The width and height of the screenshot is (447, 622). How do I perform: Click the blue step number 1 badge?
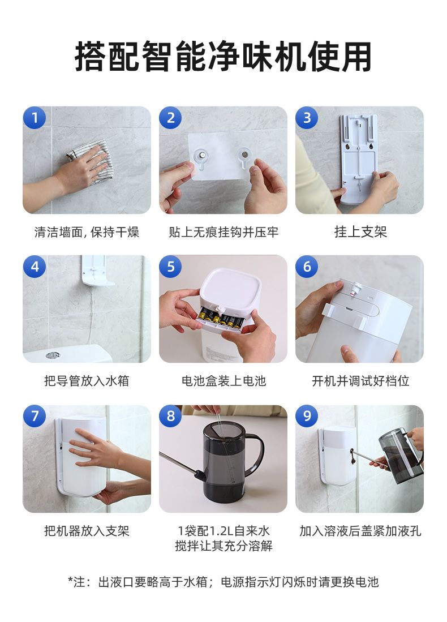click(35, 118)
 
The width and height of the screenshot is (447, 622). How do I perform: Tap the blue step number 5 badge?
click(170, 266)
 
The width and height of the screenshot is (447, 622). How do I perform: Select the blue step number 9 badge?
click(307, 416)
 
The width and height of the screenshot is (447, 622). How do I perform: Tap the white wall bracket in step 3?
click(358, 159)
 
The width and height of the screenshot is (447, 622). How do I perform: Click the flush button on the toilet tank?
click(53, 355)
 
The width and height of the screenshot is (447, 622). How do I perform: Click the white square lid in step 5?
click(231, 286)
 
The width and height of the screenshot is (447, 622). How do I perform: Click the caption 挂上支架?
click(360, 231)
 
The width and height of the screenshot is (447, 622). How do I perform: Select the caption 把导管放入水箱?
click(87, 381)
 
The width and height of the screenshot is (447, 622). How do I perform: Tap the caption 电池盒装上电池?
click(223, 381)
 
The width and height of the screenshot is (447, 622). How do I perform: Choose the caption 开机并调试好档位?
click(360, 381)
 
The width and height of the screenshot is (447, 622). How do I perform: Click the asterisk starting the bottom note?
click(71, 580)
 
